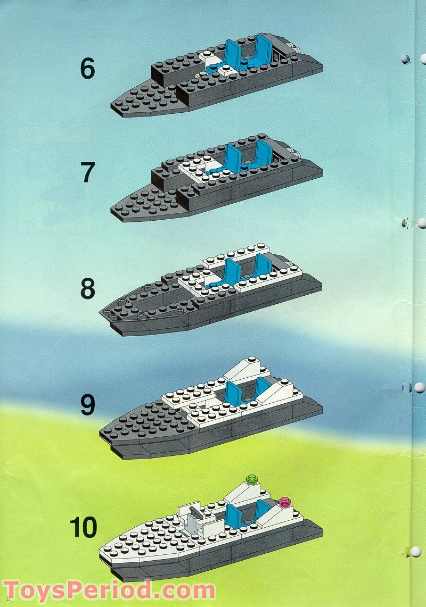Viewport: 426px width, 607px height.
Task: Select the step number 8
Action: [87, 289]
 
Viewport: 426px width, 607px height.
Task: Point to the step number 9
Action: [87, 405]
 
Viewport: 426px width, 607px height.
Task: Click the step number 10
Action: [84, 527]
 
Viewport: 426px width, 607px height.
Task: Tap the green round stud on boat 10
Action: [251, 480]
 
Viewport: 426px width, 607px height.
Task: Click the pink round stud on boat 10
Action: [284, 502]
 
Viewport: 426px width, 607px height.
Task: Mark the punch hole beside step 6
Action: [406, 59]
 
